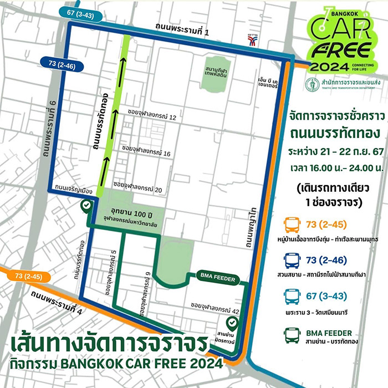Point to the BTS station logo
pyautogui.click(x=253, y=42)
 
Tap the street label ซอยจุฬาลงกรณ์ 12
pyautogui.click(x=151, y=118)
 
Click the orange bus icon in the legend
pyautogui.click(x=292, y=226)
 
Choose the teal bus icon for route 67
pyautogui.click(x=292, y=298)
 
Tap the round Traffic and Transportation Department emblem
pyautogui.click(x=312, y=84)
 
